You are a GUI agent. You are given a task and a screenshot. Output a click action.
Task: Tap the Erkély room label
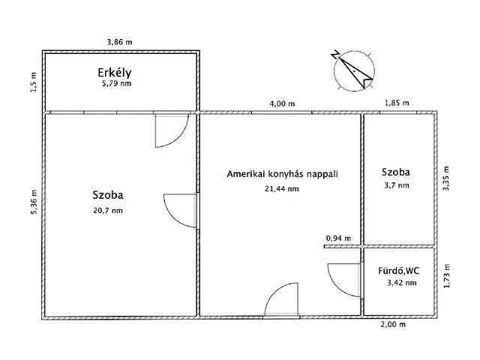click(x=115, y=73)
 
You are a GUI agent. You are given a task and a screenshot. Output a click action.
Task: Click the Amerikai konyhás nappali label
click(x=283, y=174)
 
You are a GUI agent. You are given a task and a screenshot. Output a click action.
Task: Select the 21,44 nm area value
click(x=283, y=189)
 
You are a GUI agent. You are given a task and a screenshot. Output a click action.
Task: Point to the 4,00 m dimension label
click(x=281, y=103)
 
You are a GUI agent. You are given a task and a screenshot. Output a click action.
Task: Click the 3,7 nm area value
click(x=398, y=184)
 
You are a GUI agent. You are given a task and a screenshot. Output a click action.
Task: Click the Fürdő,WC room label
click(x=398, y=270)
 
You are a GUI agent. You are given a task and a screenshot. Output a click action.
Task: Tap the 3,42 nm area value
click(x=398, y=283)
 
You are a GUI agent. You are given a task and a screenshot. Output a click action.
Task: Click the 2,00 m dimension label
click(x=392, y=325)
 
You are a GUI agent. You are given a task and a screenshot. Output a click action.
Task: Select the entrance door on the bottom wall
click(x=283, y=300)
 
